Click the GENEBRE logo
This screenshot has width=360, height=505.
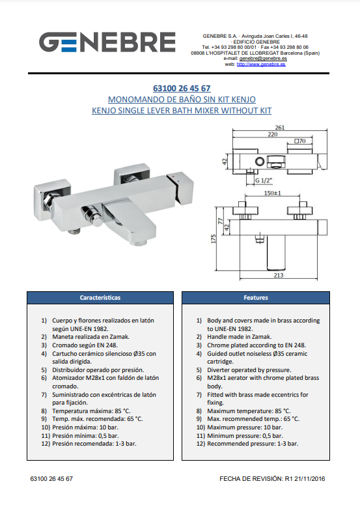pos(107,42)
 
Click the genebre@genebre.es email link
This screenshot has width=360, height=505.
pos(263,58)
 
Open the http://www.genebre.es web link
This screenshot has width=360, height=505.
pos(261,64)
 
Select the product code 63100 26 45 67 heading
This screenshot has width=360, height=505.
pos(182,88)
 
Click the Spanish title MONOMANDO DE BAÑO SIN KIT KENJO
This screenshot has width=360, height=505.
pos(182,99)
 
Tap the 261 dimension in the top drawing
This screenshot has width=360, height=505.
pos(279,128)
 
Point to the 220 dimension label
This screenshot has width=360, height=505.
pos(273,134)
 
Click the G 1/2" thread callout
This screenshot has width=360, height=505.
pos(264,180)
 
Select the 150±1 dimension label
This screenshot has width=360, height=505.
pos(273,193)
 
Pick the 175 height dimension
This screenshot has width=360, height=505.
pos(214,238)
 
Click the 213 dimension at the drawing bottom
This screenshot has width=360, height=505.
pos(279,275)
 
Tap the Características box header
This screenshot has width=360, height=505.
pos(100,298)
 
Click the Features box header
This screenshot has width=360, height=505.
pos(256,298)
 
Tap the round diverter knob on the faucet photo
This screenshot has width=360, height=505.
pos(97,221)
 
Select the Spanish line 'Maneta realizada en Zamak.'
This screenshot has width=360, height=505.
pos(90,337)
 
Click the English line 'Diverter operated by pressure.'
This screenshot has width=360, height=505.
pos(249,370)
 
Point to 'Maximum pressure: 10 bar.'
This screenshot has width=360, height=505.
pos(245,427)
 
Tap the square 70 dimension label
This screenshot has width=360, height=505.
pos(300,141)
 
